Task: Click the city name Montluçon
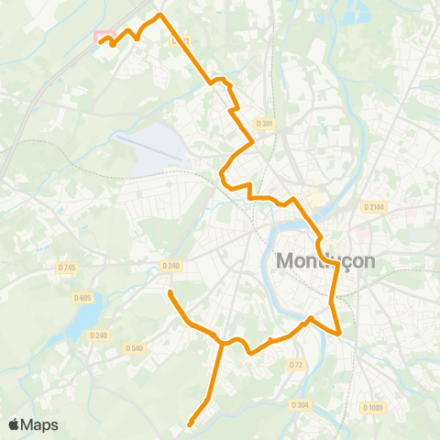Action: coord(325,261)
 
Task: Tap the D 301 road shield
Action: coord(265,123)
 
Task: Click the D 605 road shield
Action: coord(83,297)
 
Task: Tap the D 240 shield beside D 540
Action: coord(99,335)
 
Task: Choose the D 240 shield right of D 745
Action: coord(170,266)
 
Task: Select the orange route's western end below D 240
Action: coord(170,292)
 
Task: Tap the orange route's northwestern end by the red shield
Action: coord(100,42)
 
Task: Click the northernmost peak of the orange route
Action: coord(160,15)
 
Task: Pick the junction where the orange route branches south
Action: coord(221,344)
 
